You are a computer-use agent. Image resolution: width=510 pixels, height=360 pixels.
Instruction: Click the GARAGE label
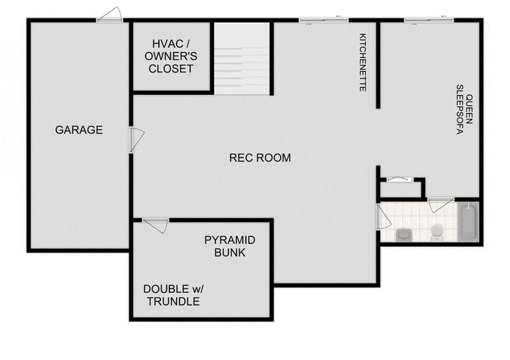point(79,130)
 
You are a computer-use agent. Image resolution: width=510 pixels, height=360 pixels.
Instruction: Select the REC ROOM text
point(260,157)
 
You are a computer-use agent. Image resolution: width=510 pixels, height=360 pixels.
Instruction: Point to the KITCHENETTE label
point(363,62)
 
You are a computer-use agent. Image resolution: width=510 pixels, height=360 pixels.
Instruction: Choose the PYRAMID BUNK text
point(229,246)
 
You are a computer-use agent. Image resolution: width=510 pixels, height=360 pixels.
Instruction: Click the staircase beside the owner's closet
point(242,59)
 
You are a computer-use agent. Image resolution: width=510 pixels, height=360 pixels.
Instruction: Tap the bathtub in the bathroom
point(468,221)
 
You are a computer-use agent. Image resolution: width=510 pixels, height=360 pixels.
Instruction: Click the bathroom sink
point(404,233)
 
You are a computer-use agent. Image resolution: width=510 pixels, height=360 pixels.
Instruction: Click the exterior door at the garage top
point(110,15)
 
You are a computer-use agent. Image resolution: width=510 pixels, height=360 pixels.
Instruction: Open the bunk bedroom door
point(156,224)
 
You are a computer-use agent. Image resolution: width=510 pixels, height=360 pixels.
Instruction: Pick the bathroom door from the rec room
point(383,217)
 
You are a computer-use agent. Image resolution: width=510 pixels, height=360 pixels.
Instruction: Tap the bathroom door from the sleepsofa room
point(440,204)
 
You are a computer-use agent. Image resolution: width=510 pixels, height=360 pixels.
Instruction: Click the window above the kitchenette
point(324,20)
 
